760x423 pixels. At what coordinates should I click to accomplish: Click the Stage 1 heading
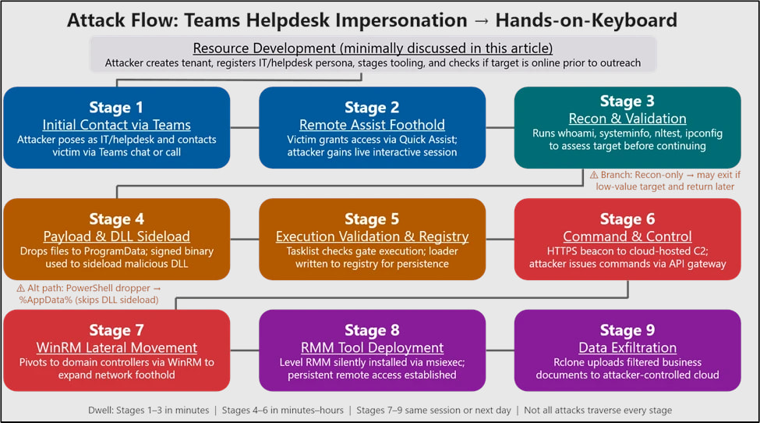coord(116,107)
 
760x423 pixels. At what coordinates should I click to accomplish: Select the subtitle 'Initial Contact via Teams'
coord(116,124)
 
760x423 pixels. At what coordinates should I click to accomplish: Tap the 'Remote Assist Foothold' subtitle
coord(372,124)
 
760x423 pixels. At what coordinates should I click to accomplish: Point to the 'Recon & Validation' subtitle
coord(627,119)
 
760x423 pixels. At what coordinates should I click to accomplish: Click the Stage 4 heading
coord(116,219)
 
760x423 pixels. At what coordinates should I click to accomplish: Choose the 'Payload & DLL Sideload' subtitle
coord(116,236)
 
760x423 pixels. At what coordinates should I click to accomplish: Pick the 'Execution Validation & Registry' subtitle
coord(372,236)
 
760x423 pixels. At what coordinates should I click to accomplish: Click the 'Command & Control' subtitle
coord(627,236)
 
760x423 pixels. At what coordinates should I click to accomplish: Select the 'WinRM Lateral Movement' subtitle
coord(116,347)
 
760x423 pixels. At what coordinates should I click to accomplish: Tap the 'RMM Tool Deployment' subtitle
coord(372,347)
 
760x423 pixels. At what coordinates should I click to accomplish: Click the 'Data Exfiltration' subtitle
coord(627,347)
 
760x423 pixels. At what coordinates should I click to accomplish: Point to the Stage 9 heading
coord(627,330)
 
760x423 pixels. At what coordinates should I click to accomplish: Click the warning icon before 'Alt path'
coord(21,288)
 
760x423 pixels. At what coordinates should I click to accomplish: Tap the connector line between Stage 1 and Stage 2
coord(245,127)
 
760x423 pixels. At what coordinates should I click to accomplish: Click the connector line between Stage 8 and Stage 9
coord(500,350)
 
